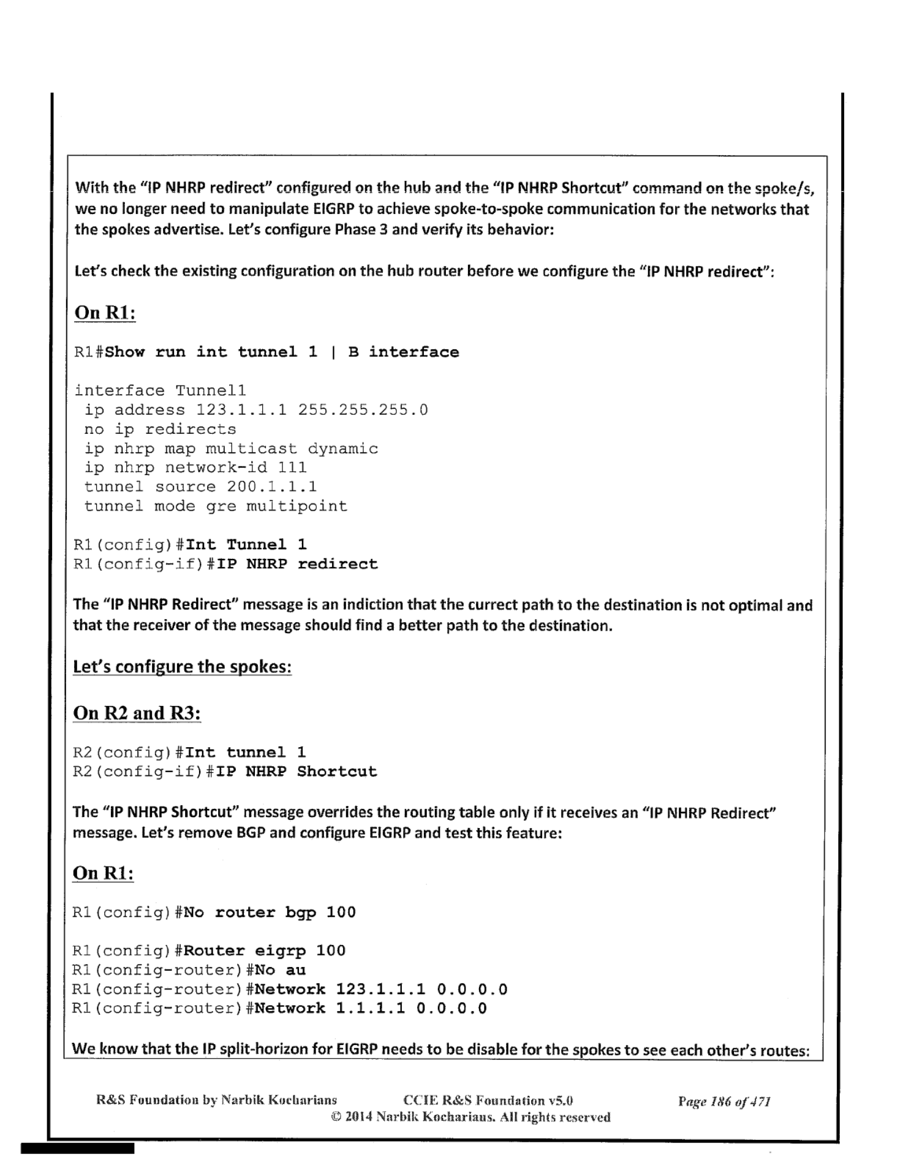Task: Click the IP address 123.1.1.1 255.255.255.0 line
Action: point(256,410)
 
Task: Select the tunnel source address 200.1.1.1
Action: point(272,487)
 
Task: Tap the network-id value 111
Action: point(292,468)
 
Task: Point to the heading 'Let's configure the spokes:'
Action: point(182,666)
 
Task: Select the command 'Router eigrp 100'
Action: point(265,951)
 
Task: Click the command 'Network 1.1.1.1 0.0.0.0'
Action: point(371,1008)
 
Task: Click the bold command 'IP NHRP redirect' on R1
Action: point(297,564)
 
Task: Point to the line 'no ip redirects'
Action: point(160,429)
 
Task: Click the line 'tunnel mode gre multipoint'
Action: point(216,506)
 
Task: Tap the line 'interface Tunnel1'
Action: point(160,390)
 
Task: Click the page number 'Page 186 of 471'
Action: point(723,1101)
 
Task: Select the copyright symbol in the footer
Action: point(336,1117)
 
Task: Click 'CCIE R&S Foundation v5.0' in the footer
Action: point(488,1101)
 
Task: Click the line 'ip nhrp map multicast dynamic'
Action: point(231,449)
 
